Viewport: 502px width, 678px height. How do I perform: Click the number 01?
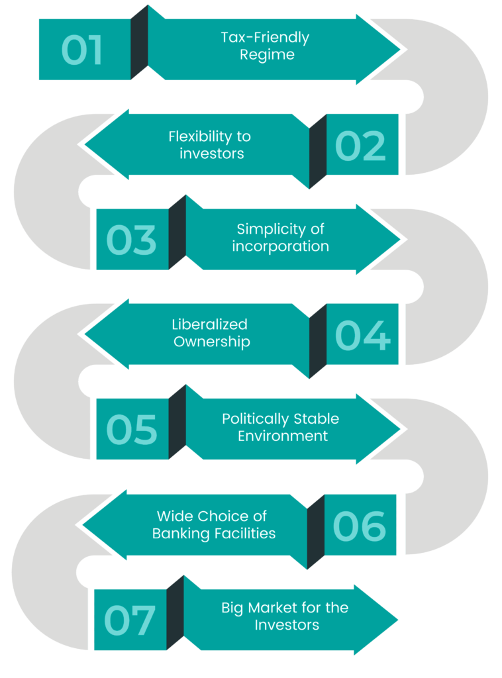pos(82,50)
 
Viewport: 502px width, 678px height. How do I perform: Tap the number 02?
pos(360,146)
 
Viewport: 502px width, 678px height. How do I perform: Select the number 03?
pos(131,240)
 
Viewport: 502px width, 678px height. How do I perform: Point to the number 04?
pos(362,336)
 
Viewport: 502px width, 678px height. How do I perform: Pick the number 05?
pos(132,429)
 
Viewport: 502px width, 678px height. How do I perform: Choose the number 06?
pos(360,526)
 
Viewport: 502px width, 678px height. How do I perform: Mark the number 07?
pos(130,620)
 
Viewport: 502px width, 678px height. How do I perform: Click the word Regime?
pos(267,55)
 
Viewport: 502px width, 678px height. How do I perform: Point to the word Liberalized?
pos(201,324)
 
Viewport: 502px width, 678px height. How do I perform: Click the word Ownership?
pos(212,342)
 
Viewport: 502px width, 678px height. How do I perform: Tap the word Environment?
pos(283,436)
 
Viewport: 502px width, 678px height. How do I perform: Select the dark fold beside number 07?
pos(175,614)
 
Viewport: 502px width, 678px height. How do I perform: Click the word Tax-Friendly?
pos(265,38)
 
